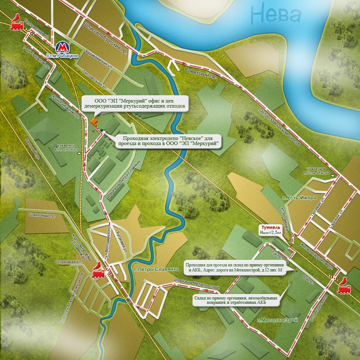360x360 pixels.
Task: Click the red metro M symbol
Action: point(63,46)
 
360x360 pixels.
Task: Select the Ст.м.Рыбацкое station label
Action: point(62,56)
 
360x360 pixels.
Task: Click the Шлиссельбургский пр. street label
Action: point(106,37)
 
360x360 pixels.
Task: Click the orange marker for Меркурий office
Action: point(94,122)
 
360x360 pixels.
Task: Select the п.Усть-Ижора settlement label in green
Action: point(294,198)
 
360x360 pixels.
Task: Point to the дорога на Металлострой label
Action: point(197,284)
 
